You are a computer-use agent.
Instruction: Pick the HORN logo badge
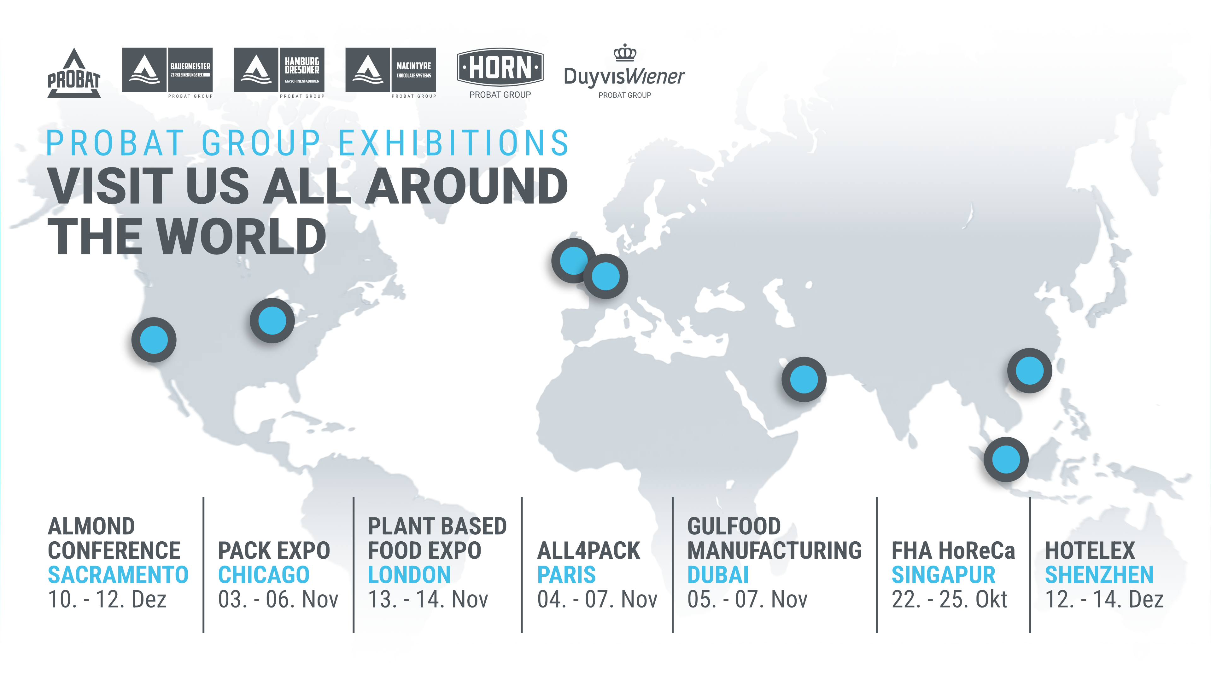500,67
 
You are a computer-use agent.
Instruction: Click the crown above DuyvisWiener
625,53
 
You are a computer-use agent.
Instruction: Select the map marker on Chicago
272,321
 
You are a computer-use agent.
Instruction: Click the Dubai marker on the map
804,379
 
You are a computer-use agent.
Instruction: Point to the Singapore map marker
1006,459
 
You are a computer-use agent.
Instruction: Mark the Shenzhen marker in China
1030,370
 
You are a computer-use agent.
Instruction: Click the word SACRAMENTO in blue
118,575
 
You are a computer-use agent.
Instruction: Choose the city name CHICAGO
264,575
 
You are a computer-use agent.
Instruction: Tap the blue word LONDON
409,575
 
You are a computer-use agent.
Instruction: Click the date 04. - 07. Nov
597,599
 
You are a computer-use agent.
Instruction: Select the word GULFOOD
734,526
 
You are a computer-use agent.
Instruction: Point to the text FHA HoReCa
953,550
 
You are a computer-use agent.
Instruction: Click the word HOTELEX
1090,550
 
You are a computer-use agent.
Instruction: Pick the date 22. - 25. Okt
949,599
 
